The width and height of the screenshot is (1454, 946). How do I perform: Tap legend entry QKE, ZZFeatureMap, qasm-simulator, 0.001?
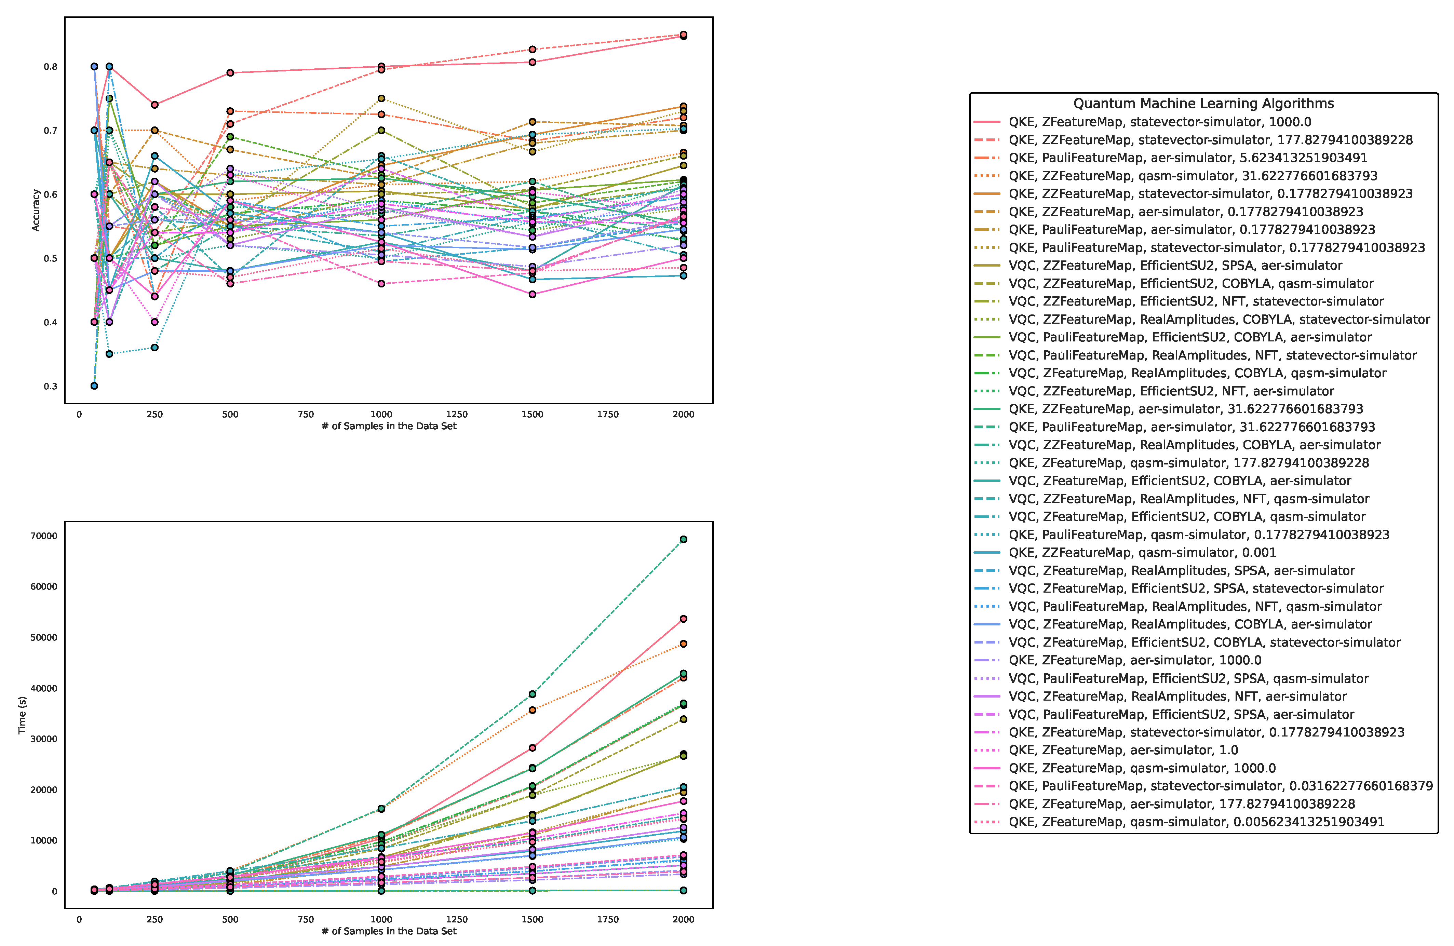tap(1142, 553)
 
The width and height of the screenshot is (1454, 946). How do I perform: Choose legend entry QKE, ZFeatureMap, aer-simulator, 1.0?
tap(1123, 750)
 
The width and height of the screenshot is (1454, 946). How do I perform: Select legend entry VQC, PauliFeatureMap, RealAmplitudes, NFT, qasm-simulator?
tap(1194, 606)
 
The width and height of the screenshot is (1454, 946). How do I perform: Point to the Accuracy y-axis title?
tap(36, 210)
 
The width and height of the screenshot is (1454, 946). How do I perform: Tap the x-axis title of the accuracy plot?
tap(389, 426)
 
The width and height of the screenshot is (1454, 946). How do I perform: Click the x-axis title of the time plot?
tap(389, 931)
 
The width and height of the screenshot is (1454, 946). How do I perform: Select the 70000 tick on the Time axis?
tap(44, 536)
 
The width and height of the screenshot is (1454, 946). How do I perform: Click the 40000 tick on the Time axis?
tap(44, 688)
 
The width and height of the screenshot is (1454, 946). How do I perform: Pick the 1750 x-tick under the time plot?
tap(608, 919)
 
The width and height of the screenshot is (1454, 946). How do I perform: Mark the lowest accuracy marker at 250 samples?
tap(154, 348)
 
